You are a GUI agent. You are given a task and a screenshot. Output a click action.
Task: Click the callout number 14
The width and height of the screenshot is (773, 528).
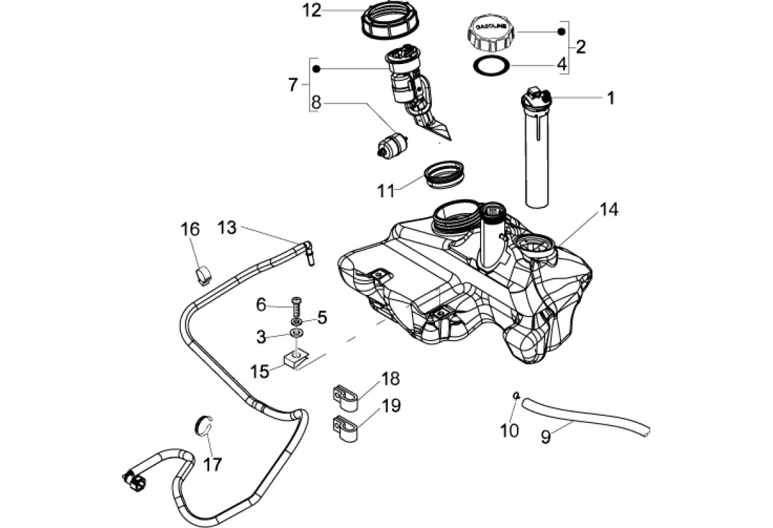click(x=609, y=210)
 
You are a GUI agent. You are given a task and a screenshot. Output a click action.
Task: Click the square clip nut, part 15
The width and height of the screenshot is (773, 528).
click(x=297, y=358)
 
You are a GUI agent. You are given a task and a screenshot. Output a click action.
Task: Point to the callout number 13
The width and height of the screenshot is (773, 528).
click(x=226, y=228)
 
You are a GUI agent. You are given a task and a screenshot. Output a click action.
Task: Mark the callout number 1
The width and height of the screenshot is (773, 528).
click(x=611, y=98)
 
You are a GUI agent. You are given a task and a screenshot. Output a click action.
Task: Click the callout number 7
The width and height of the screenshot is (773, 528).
click(x=293, y=85)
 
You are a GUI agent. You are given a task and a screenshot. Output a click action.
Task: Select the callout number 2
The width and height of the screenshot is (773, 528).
click(x=580, y=47)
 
